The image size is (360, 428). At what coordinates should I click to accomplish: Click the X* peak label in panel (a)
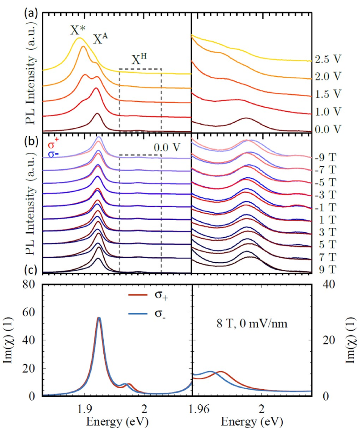click(77, 30)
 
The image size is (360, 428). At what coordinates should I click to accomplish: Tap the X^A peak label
click(100, 40)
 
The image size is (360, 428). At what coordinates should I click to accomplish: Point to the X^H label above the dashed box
click(140, 61)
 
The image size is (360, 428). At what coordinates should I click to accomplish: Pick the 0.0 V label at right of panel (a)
click(328, 129)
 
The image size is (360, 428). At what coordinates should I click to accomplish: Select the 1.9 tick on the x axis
click(83, 408)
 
